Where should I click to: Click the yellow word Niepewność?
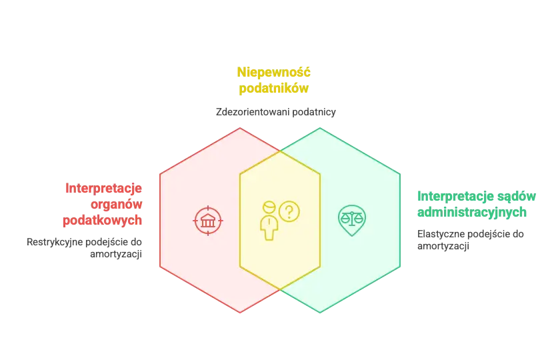pos(273,72)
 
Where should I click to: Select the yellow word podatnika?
pos(273,88)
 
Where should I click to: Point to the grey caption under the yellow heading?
pos(274,112)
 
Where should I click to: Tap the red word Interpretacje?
pos(104,189)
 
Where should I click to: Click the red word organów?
pos(117,205)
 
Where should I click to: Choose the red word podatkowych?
pos(103,221)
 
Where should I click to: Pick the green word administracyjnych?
pos(472,213)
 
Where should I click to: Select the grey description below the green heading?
pos(471,241)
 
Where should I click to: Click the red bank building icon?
pos(208,220)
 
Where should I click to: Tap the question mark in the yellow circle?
pos(289,211)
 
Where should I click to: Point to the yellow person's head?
pos(269,207)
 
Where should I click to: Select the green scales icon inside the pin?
pos(352,218)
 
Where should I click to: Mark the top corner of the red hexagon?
pos(240,128)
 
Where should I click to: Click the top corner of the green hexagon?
pos(320,128)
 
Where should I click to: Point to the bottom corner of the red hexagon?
pos(240,313)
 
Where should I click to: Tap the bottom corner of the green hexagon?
pos(320,313)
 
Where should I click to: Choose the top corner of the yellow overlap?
pos(280,151)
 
